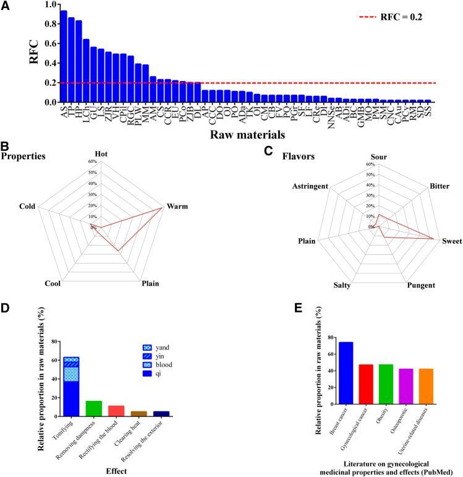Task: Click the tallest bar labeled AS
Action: [x=64, y=56]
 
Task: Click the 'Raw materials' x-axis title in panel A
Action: [x=247, y=133]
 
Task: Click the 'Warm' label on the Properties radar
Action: [x=179, y=206]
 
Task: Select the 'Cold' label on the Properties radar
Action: [x=27, y=206]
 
